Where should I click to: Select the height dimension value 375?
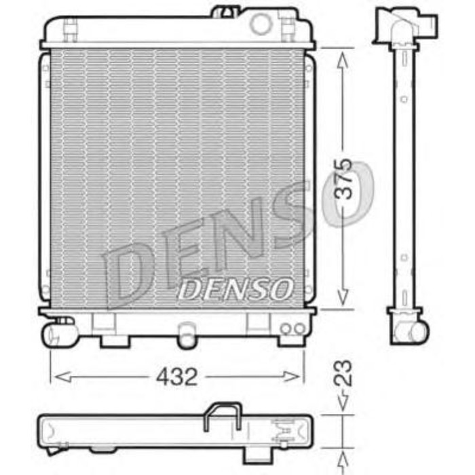click(344, 178)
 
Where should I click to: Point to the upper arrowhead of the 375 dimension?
click(344, 56)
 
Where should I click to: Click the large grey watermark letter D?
click(129, 271)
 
